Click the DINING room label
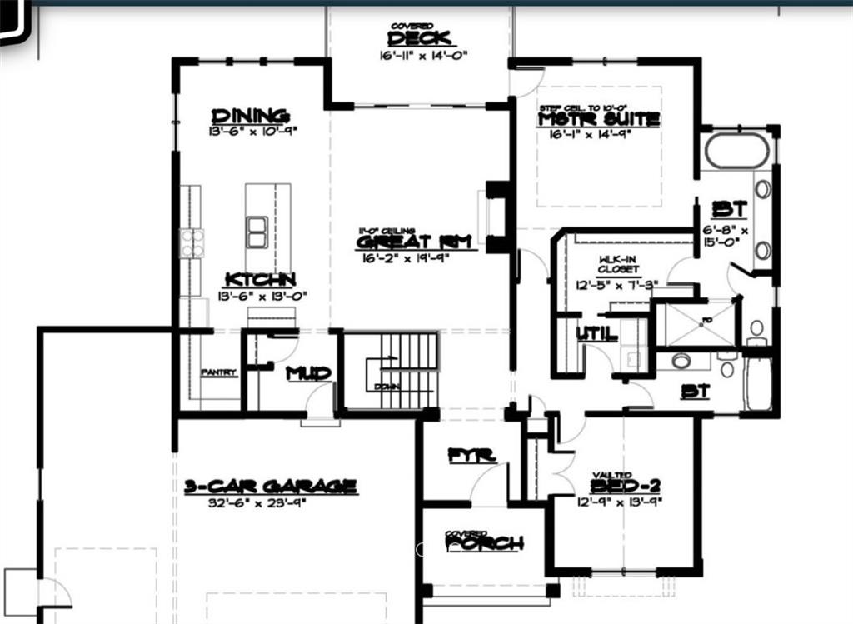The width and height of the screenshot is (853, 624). pyautogui.click(x=250, y=117)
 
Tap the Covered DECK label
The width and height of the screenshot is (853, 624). pyautogui.click(x=420, y=38)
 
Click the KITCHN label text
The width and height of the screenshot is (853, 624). pyautogui.click(x=258, y=280)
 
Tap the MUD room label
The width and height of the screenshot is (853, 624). pyautogui.click(x=308, y=373)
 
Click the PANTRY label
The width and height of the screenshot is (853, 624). pyautogui.click(x=218, y=372)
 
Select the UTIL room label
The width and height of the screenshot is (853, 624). pyautogui.click(x=597, y=334)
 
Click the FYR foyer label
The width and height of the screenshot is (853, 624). pyautogui.click(x=471, y=456)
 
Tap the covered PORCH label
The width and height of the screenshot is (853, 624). pyautogui.click(x=484, y=544)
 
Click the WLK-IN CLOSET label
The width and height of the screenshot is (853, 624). pyautogui.click(x=617, y=264)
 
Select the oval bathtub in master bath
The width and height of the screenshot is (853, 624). pyautogui.click(x=736, y=150)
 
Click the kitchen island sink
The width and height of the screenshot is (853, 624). pyautogui.click(x=257, y=231)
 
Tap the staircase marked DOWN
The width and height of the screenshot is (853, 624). pyautogui.click(x=392, y=371)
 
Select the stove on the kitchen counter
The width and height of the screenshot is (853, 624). pyautogui.click(x=192, y=244)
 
